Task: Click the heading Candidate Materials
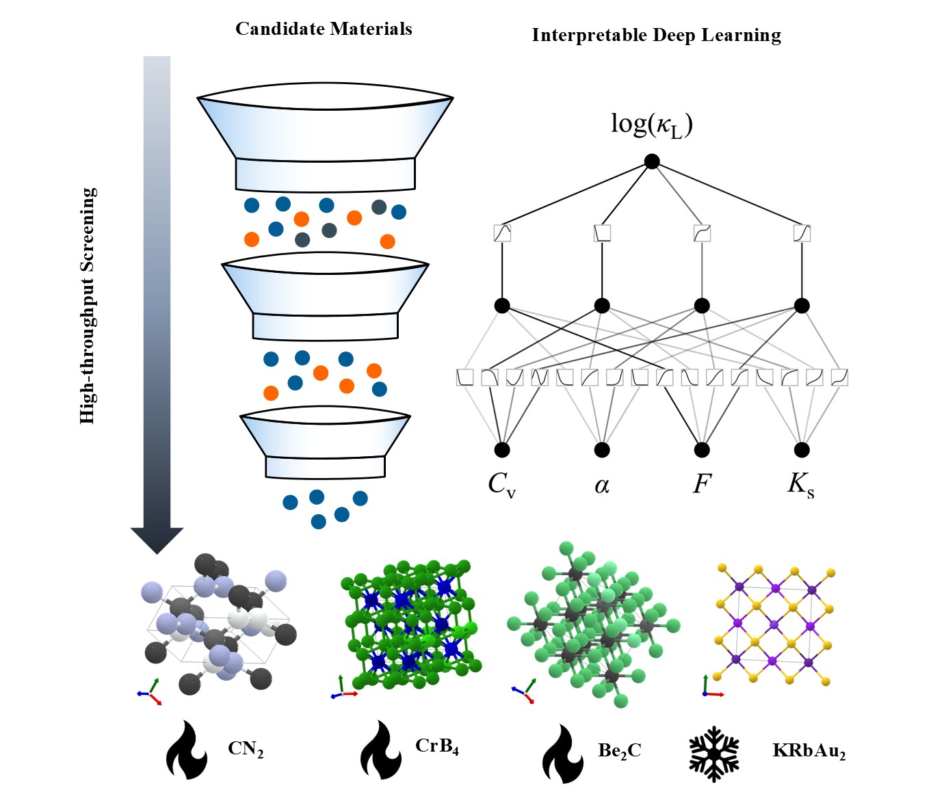(x=324, y=29)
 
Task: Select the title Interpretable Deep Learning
(x=656, y=36)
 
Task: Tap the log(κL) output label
(x=651, y=124)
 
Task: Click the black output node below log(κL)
(x=652, y=162)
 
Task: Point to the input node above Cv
(x=502, y=449)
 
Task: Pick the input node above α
(x=602, y=449)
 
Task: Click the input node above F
(x=702, y=449)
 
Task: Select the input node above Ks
(x=802, y=449)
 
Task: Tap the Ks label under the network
(x=801, y=484)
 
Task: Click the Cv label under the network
(x=501, y=485)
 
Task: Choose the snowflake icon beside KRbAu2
(x=714, y=754)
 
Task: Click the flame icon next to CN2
(x=185, y=750)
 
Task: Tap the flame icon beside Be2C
(x=562, y=754)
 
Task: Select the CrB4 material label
(x=437, y=746)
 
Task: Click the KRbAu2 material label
(x=809, y=751)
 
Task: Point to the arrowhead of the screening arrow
(x=157, y=540)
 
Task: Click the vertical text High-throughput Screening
(x=88, y=305)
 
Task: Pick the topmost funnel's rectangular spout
(x=325, y=174)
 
